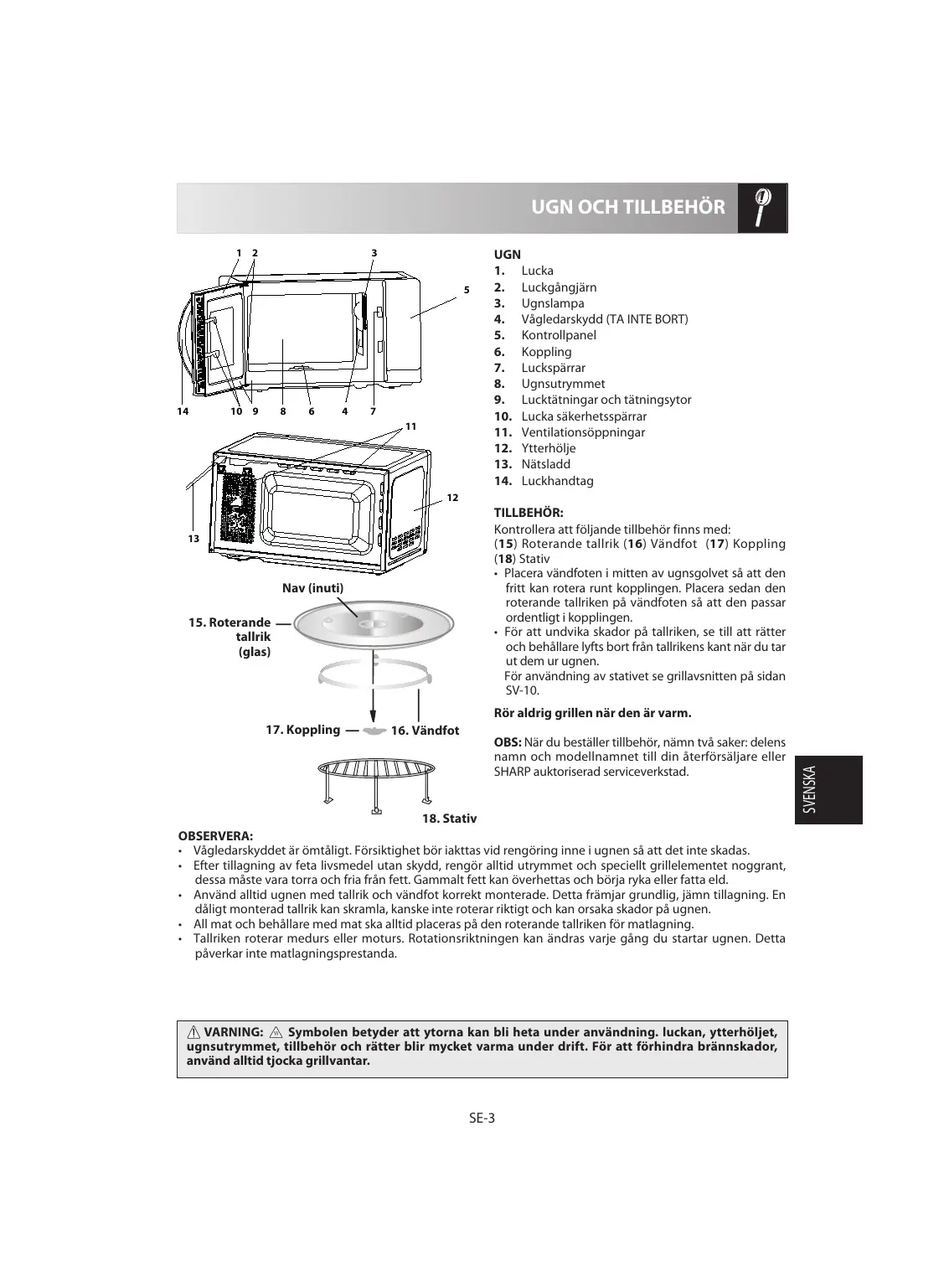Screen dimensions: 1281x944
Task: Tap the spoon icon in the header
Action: coord(762,207)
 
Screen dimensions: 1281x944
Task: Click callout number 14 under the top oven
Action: coord(183,411)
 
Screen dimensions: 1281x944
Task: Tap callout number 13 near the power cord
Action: coord(193,539)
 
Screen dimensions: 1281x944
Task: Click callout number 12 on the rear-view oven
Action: coord(452,498)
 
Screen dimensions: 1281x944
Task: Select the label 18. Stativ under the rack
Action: coord(448,818)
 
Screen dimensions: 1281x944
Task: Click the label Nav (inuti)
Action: coord(312,588)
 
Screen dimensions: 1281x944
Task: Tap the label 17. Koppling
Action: coord(302,730)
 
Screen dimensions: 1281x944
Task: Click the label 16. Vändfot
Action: coord(425,731)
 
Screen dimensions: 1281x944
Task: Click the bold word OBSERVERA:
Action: coord(215,835)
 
